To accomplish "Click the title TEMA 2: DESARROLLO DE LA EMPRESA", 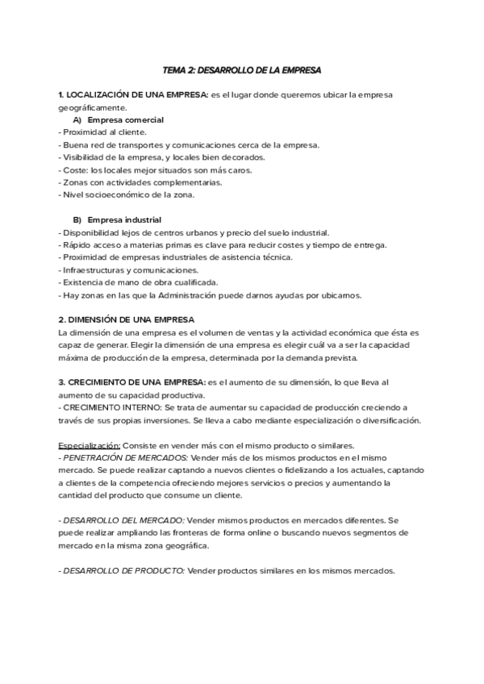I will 242,71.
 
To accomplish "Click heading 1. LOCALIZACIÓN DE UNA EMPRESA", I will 133,95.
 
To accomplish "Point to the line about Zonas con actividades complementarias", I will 129,182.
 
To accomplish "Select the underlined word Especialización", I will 89,445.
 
